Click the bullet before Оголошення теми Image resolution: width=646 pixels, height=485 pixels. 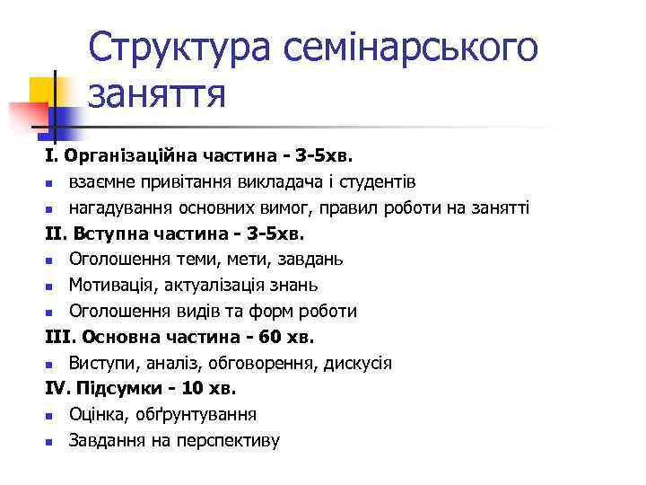click(50, 260)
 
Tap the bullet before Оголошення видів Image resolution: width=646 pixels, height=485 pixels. click(50, 313)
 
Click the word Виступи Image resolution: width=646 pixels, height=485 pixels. click(102, 363)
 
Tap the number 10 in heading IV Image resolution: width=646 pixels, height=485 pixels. click(196, 389)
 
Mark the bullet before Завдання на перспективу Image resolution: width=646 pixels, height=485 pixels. click(50, 442)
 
